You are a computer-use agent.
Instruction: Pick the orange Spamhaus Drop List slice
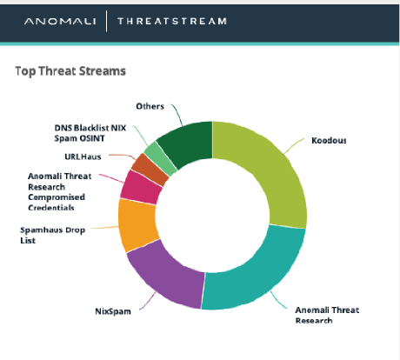[137, 225]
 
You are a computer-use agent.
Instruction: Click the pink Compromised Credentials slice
[141, 188]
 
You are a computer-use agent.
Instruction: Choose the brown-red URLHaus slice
[150, 170]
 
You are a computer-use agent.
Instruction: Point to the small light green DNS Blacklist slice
[160, 159]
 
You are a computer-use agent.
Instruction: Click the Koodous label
[329, 141]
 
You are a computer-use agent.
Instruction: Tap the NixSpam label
[113, 311]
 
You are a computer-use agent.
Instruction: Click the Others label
[150, 106]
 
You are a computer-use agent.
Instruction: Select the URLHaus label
[83, 157]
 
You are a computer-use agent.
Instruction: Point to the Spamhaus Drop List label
[53, 235]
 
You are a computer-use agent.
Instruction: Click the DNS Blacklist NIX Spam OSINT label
[90, 133]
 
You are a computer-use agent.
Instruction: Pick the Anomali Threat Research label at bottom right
[327, 315]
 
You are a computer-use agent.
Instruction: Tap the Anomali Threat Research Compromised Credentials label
[60, 192]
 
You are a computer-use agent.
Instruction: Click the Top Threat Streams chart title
[70, 71]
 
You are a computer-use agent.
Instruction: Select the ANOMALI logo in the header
[60, 21]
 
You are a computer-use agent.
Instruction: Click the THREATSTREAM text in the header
[172, 21]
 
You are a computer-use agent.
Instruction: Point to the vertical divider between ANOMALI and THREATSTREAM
[107, 21]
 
